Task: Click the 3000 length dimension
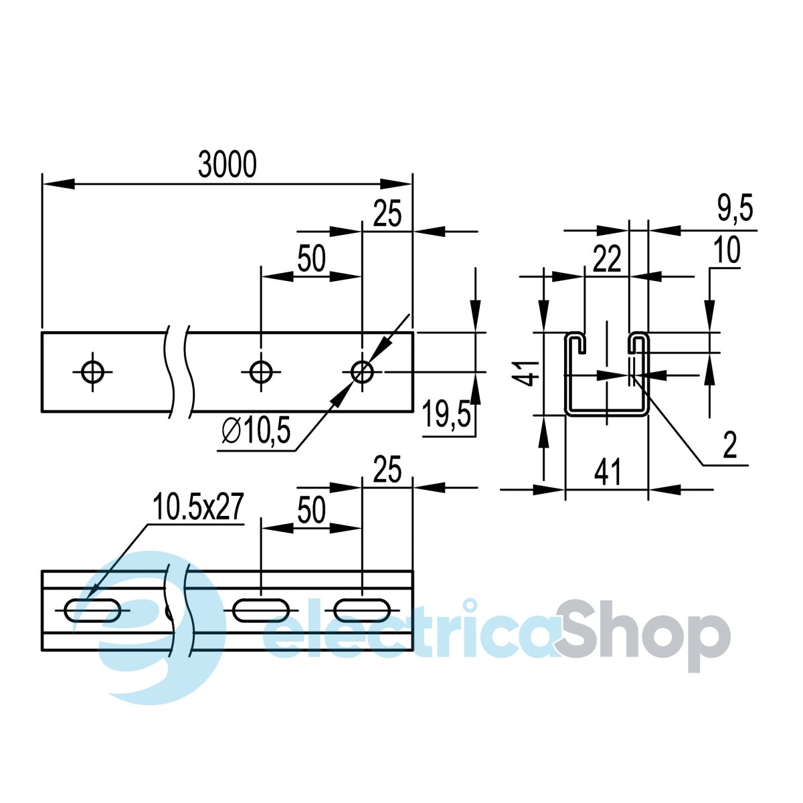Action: point(227,165)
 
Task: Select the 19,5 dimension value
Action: point(446,413)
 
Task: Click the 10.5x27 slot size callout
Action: point(197,507)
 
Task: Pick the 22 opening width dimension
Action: point(607,259)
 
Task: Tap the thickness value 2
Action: point(730,445)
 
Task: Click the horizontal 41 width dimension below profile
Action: point(608,472)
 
